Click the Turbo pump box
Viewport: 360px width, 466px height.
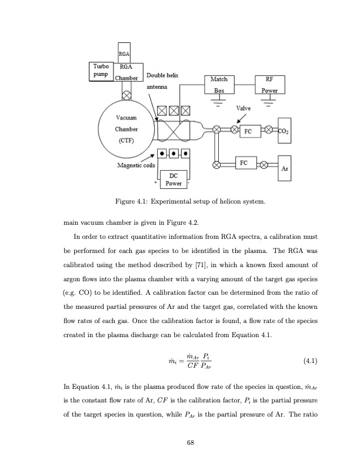pos(100,72)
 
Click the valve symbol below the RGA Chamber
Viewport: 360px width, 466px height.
pos(125,95)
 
